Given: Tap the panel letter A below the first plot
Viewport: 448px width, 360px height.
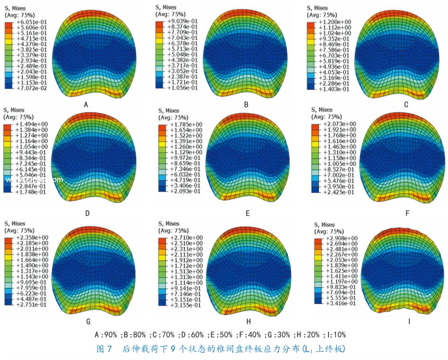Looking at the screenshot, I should tap(86, 105).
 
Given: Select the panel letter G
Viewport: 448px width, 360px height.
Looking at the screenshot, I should tap(88, 321).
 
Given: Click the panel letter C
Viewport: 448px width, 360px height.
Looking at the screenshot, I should tap(406, 105).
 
